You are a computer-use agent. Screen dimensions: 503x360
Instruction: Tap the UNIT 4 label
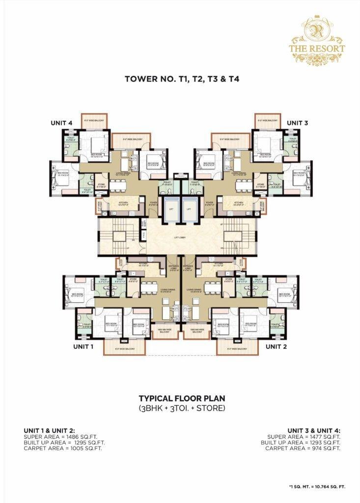(62, 122)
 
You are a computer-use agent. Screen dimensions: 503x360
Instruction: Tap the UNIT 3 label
(298, 122)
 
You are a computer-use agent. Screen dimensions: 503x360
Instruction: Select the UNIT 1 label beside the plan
(83, 346)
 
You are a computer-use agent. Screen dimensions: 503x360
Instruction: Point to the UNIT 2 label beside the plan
(277, 346)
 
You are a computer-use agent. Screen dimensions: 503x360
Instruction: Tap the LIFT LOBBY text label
(180, 237)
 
